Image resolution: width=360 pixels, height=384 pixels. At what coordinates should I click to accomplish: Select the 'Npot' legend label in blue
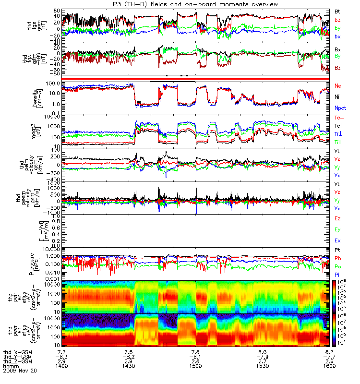pos(340,108)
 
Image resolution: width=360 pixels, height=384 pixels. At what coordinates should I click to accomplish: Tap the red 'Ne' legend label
pos(338,85)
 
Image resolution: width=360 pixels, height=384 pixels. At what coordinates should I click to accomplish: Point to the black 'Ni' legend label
pos(337,97)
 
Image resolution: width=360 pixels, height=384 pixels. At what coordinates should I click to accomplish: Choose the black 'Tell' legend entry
pos(338,126)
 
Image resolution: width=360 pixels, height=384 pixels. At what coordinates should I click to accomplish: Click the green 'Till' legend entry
pos(338,142)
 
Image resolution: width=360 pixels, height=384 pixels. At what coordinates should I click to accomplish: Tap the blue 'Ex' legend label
pos(338,240)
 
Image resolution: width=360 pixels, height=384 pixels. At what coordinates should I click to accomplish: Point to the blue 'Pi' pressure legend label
pos(337,274)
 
